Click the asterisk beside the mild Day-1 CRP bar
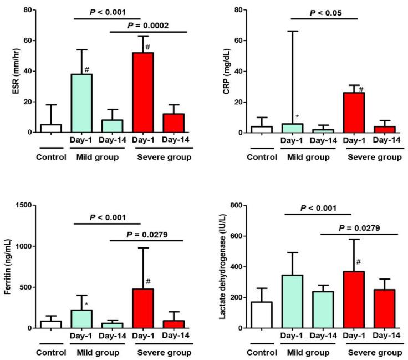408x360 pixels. [x=298, y=116]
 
